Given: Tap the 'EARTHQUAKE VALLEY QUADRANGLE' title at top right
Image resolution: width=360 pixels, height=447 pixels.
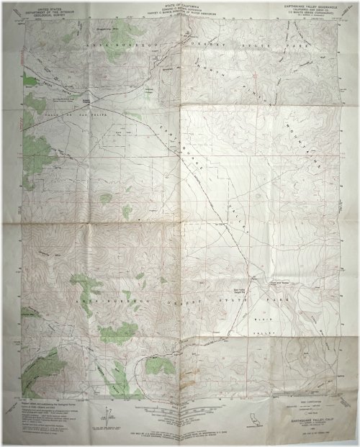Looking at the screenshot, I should (302, 13).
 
